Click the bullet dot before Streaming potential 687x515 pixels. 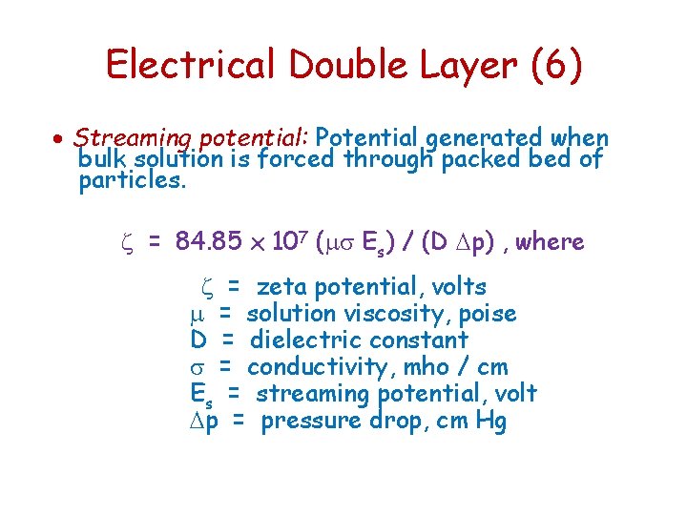tap(59, 139)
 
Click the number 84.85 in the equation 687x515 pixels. tap(209, 242)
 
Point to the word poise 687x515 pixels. tap(488, 313)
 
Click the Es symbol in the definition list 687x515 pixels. tap(200, 394)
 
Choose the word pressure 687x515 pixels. tap(310, 421)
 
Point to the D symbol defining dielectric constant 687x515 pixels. tap(198, 340)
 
